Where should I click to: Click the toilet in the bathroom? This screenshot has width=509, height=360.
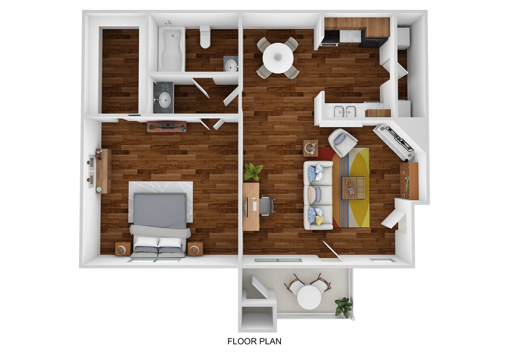pos(205,37)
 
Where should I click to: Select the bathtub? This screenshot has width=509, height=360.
pos(171,49)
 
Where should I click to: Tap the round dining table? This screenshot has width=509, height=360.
pos(278,58)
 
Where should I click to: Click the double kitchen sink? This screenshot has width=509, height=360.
pos(344,111)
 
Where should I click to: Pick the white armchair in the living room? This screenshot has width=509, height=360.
pos(342,142)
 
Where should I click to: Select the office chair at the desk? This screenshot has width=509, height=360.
pos(266,206)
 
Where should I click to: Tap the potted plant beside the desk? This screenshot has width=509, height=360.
pos(253,171)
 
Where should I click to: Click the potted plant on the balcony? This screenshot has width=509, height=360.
pos(344,307)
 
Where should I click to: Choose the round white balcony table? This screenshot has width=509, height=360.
pos(309,297)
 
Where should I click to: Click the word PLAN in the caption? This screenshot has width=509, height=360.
pos(271,341)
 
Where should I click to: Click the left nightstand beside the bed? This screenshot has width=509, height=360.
pos(123,249)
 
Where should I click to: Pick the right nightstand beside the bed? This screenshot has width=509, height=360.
pos(195,249)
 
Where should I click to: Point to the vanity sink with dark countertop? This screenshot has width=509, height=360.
pos(163,98)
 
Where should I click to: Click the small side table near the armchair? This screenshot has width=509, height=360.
pos(310,148)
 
